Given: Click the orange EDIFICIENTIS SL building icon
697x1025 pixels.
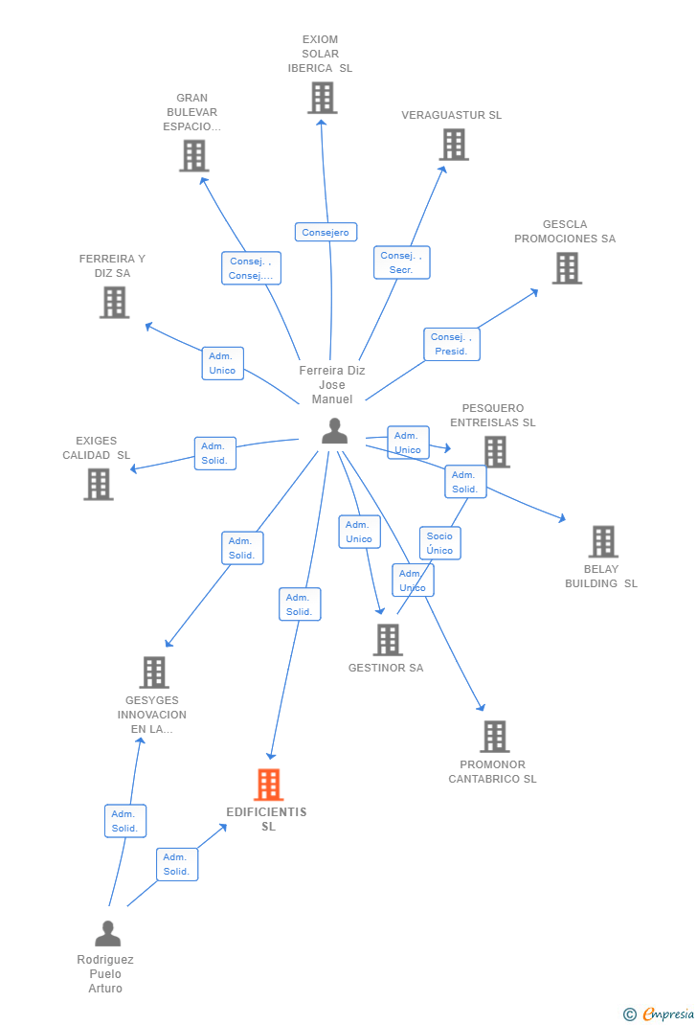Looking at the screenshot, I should (268, 785).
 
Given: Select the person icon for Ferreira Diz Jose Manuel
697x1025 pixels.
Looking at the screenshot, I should (334, 431).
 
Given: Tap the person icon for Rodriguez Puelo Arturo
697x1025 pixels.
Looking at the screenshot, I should (108, 933).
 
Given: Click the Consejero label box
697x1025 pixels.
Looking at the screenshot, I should (326, 232).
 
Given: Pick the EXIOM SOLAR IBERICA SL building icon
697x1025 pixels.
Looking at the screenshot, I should (322, 98).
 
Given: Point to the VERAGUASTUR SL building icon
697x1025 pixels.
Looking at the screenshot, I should (453, 145).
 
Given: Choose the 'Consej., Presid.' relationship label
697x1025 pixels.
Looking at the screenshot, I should (451, 344).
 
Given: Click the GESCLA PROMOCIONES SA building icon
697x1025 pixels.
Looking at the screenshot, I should (567, 268).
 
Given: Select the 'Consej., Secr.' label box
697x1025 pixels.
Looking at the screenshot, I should (401, 262).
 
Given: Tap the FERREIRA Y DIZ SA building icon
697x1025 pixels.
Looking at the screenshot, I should (114, 303).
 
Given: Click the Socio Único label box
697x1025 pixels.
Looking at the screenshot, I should (439, 543).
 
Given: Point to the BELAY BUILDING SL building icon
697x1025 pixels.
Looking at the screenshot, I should (602, 541).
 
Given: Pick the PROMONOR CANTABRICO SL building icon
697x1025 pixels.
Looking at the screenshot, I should (494, 737).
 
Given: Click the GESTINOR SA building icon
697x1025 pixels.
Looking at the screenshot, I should (387, 640).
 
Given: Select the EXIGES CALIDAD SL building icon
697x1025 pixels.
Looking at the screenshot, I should (98, 485).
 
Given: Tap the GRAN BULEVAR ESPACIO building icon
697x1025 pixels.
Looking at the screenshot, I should (193, 156).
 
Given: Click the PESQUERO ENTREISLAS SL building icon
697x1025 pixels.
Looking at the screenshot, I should (495, 451).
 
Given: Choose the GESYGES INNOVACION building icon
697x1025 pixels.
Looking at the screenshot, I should (153, 672).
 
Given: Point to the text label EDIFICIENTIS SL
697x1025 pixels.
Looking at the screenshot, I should (267, 819).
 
